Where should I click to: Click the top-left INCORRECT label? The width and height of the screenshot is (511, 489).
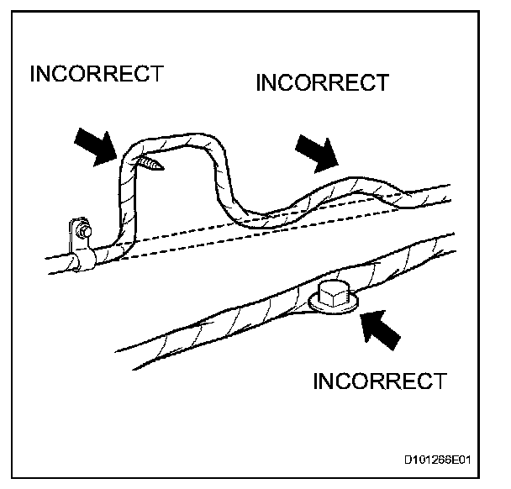tap(95, 74)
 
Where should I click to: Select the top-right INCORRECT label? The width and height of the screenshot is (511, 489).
tap(322, 83)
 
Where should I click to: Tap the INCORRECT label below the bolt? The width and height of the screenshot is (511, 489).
tap(379, 381)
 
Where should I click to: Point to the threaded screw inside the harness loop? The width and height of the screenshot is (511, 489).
tap(152, 161)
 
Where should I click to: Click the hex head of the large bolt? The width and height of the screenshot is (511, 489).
tap(334, 290)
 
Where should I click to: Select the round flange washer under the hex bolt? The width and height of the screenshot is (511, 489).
tap(335, 303)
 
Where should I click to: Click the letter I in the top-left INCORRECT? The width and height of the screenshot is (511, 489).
tap(34, 74)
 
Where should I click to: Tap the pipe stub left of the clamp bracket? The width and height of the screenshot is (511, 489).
tap(57, 261)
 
